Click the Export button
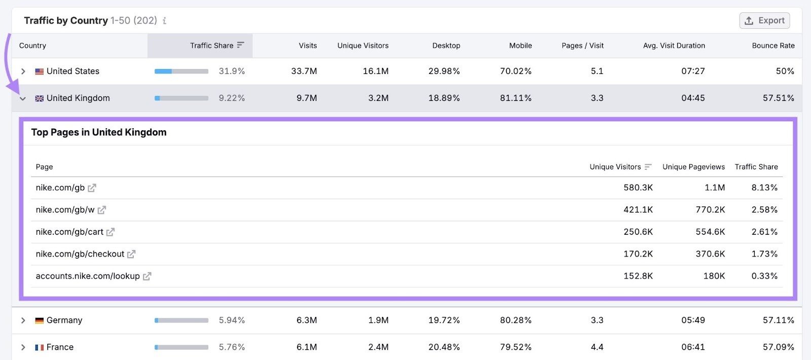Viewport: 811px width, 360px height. click(x=764, y=21)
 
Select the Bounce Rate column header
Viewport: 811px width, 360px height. click(x=773, y=46)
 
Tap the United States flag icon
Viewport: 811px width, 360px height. click(x=39, y=71)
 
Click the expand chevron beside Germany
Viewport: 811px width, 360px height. click(x=23, y=320)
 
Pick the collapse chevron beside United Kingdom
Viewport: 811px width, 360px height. click(x=23, y=98)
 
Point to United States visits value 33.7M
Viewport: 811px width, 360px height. click(x=304, y=71)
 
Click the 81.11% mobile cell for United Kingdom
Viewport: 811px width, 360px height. click(x=515, y=98)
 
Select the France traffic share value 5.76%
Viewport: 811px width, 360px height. click(x=232, y=347)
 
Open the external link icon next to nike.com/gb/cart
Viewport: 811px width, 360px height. click(x=110, y=232)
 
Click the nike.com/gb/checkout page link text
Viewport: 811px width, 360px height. click(x=80, y=254)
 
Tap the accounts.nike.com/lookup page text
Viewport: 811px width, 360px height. click(x=87, y=276)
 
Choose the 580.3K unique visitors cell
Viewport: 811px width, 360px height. click(x=638, y=188)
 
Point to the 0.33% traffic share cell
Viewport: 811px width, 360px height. click(x=764, y=276)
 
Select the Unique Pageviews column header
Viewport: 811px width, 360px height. click(x=693, y=167)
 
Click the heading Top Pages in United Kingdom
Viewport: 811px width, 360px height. click(x=99, y=132)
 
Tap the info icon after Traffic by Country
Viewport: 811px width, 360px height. click(x=164, y=21)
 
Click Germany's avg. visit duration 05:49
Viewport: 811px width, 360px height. click(x=692, y=320)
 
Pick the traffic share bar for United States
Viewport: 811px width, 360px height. click(x=181, y=71)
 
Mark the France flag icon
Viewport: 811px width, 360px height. click(x=39, y=347)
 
